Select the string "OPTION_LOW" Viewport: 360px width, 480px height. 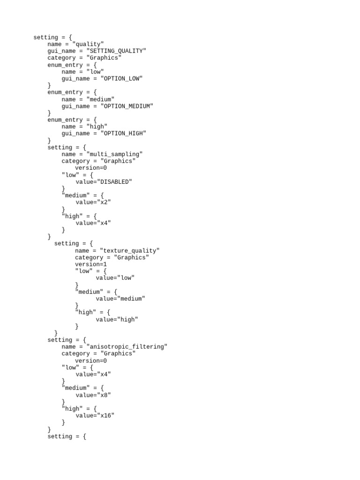click(121, 78)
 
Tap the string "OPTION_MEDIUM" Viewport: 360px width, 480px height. click(127, 106)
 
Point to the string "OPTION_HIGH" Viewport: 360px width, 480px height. click(123, 134)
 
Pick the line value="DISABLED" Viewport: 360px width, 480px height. click(104, 182)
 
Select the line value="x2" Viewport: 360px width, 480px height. click(93, 202)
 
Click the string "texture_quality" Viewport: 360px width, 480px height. click(130, 251)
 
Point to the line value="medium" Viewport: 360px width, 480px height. click(120, 299)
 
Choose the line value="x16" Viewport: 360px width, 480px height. click(95, 416)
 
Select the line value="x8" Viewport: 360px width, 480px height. click(93, 395)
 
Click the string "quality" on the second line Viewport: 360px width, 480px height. click(88, 44)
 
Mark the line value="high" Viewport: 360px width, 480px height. click(117, 320)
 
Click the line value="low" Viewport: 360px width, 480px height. click(115, 278)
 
